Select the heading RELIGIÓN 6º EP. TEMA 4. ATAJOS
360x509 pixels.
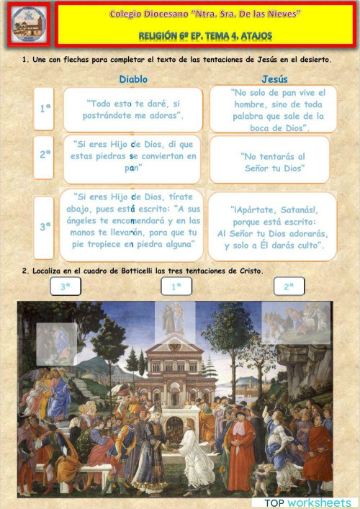(x=205, y=35)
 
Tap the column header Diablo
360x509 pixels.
(x=133, y=79)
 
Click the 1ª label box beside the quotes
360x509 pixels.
(x=45, y=109)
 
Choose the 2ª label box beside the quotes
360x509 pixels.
(x=45, y=154)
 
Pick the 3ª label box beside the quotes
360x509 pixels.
(x=45, y=227)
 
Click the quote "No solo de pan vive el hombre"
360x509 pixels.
(x=273, y=109)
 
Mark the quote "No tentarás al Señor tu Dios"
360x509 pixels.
(x=273, y=161)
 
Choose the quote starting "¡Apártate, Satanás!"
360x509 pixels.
(x=273, y=225)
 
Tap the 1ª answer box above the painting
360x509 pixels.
(x=176, y=286)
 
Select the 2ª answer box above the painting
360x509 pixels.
(x=289, y=286)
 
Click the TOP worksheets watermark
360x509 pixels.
(x=307, y=502)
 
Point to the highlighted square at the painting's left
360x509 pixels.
(x=57, y=343)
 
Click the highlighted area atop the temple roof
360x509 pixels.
(x=175, y=319)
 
